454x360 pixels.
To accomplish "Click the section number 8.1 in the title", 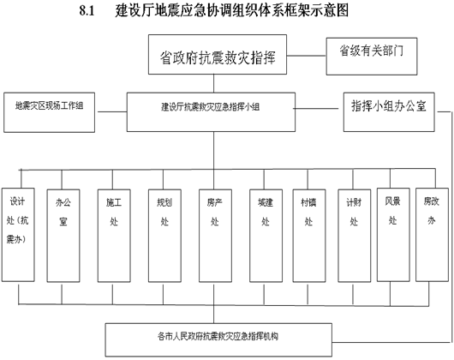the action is pos(87,11).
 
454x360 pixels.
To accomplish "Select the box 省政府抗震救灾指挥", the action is pos(218,55).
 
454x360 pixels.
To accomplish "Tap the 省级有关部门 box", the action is pos(372,57).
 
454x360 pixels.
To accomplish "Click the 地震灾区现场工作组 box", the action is pos(49,112).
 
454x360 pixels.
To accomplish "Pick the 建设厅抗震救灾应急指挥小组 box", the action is pos(211,112).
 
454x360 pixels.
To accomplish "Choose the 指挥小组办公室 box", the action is pos(389,112).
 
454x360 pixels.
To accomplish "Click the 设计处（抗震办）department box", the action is pos(18,235).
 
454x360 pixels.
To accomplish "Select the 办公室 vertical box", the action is pos(63,236).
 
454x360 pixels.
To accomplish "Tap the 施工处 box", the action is pos(114,236).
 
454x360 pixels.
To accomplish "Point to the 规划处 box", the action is pos(164,236).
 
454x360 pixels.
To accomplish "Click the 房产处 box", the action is pos(215,236).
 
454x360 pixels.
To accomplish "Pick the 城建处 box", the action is pos(266,236).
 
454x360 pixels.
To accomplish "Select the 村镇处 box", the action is pos(309,236).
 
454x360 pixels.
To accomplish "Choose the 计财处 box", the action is pos(354,236).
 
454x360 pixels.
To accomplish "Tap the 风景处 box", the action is pos(393,235).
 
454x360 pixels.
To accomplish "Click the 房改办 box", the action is pos(432,235).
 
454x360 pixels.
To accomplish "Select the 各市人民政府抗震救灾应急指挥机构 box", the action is pos(218,339).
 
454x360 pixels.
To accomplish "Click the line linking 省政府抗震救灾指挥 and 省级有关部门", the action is pos(307,56).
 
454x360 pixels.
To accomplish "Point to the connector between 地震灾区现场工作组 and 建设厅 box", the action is pos(112,111).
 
